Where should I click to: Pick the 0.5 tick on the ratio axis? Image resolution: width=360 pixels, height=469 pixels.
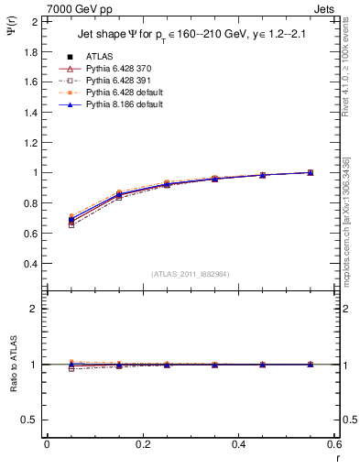coord(30,420)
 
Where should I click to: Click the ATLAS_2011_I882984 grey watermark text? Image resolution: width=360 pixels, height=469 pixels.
coord(191,274)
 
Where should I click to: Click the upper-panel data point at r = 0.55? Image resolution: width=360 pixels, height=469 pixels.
coord(311,172)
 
